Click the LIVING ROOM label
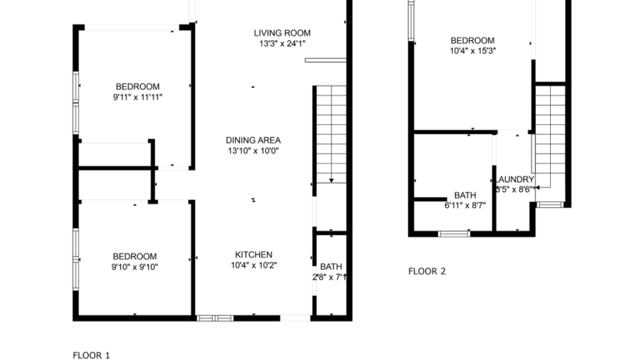(282, 32)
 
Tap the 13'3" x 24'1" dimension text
(282, 44)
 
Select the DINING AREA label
(253, 140)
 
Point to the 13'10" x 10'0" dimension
(253, 151)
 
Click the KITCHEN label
(254, 254)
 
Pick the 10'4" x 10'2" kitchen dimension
(254, 265)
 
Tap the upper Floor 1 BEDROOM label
(137, 86)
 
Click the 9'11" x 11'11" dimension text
(137, 97)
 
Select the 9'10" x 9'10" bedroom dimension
(135, 267)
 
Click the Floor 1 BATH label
(331, 267)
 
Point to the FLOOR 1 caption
(92, 355)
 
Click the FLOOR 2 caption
(427, 271)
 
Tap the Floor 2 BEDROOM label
(472, 41)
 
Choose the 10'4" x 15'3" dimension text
(472, 52)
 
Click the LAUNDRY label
(514, 180)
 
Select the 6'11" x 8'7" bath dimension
(465, 206)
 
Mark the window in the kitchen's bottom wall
(214, 318)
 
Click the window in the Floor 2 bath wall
(453, 233)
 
